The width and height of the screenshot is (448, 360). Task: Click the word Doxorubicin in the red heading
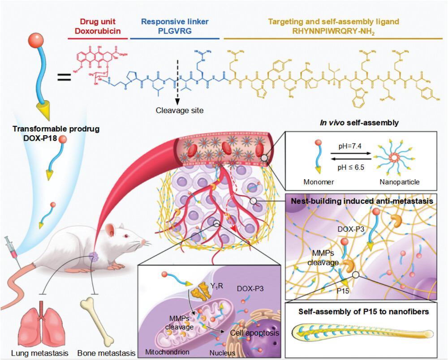pyautogui.click(x=98, y=30)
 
